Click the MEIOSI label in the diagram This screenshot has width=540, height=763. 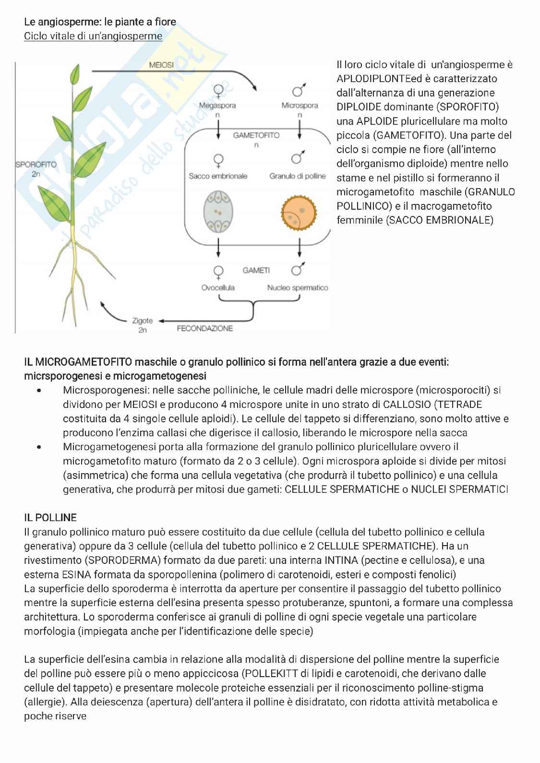161,65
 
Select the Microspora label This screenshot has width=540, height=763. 300,105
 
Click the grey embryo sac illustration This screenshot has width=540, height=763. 218,212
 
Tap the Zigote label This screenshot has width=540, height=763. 143,320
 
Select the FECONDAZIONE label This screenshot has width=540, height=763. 205,328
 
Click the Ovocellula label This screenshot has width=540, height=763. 218,287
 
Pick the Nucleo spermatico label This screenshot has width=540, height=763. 298,287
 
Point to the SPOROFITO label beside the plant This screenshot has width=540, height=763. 36,164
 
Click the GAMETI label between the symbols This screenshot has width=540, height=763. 256,271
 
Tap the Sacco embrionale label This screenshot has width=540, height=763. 218,176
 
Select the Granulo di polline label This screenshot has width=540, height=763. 298,176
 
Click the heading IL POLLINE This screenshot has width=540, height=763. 50,517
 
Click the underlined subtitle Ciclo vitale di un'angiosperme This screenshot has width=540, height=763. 93,36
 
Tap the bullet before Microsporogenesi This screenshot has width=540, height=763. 39,391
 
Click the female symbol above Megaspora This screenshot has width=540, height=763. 218,90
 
